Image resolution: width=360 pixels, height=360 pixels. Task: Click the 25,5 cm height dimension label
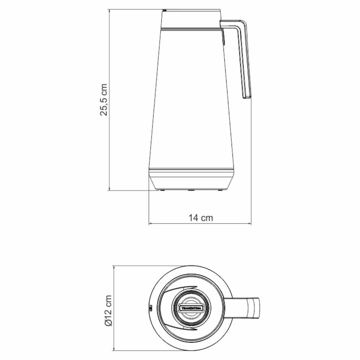tap(104, 100)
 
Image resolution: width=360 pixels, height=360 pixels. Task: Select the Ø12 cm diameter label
tap(108, 310)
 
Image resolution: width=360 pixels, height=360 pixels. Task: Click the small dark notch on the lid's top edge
tap(164, 10)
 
